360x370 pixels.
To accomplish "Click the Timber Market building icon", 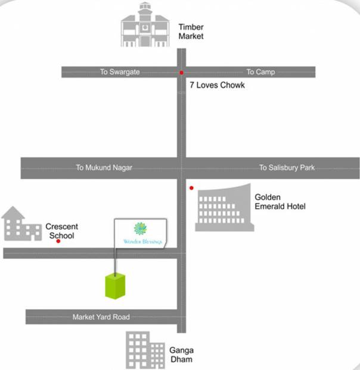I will tap(144, 26).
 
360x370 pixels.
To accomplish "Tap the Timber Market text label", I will tap(191, 31).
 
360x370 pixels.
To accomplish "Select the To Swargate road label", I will tap(120, 72).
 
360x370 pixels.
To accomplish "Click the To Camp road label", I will tap(260, 72).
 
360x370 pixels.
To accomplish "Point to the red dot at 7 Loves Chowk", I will tap(181, 73).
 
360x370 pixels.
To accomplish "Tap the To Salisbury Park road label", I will tap(287, 168).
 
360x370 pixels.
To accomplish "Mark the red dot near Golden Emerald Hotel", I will tap(191, 188).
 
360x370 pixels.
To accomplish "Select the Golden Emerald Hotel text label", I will tap(280, 202).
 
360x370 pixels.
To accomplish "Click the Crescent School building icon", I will tap(20, 224).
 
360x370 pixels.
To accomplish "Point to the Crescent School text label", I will tap(62, 231).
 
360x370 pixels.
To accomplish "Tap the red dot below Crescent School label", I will tap(58, 242).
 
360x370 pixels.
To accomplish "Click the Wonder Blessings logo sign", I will tap(141, 233).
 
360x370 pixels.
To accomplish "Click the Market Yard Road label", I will tap(101, 317).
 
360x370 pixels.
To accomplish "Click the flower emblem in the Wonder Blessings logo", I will tap(141, 228).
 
